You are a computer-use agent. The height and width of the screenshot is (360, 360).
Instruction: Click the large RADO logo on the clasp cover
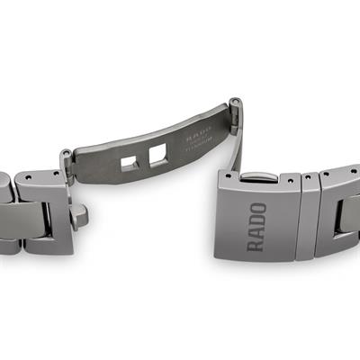click(257, 226)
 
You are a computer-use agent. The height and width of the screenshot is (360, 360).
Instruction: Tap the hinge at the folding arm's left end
click(67, 160)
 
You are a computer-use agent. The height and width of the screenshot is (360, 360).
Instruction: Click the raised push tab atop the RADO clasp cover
click(258, 178)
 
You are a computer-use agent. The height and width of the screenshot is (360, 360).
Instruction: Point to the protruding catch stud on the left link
click(80, 213)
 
